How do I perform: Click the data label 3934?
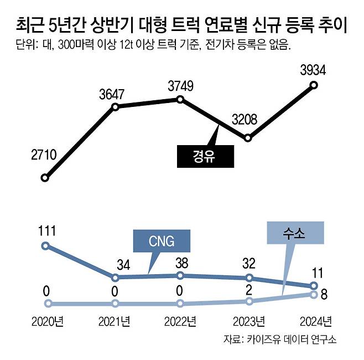(x=313, y=70)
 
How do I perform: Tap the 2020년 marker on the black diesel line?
(x=45, y=178)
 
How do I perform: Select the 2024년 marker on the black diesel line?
(x=314, y=85)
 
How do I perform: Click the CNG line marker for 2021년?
(x=115, y=277)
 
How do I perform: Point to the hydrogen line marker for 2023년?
(x=249, y=301)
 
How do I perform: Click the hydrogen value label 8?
(x=325, y=295)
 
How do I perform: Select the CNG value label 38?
(x=181, y=262)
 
